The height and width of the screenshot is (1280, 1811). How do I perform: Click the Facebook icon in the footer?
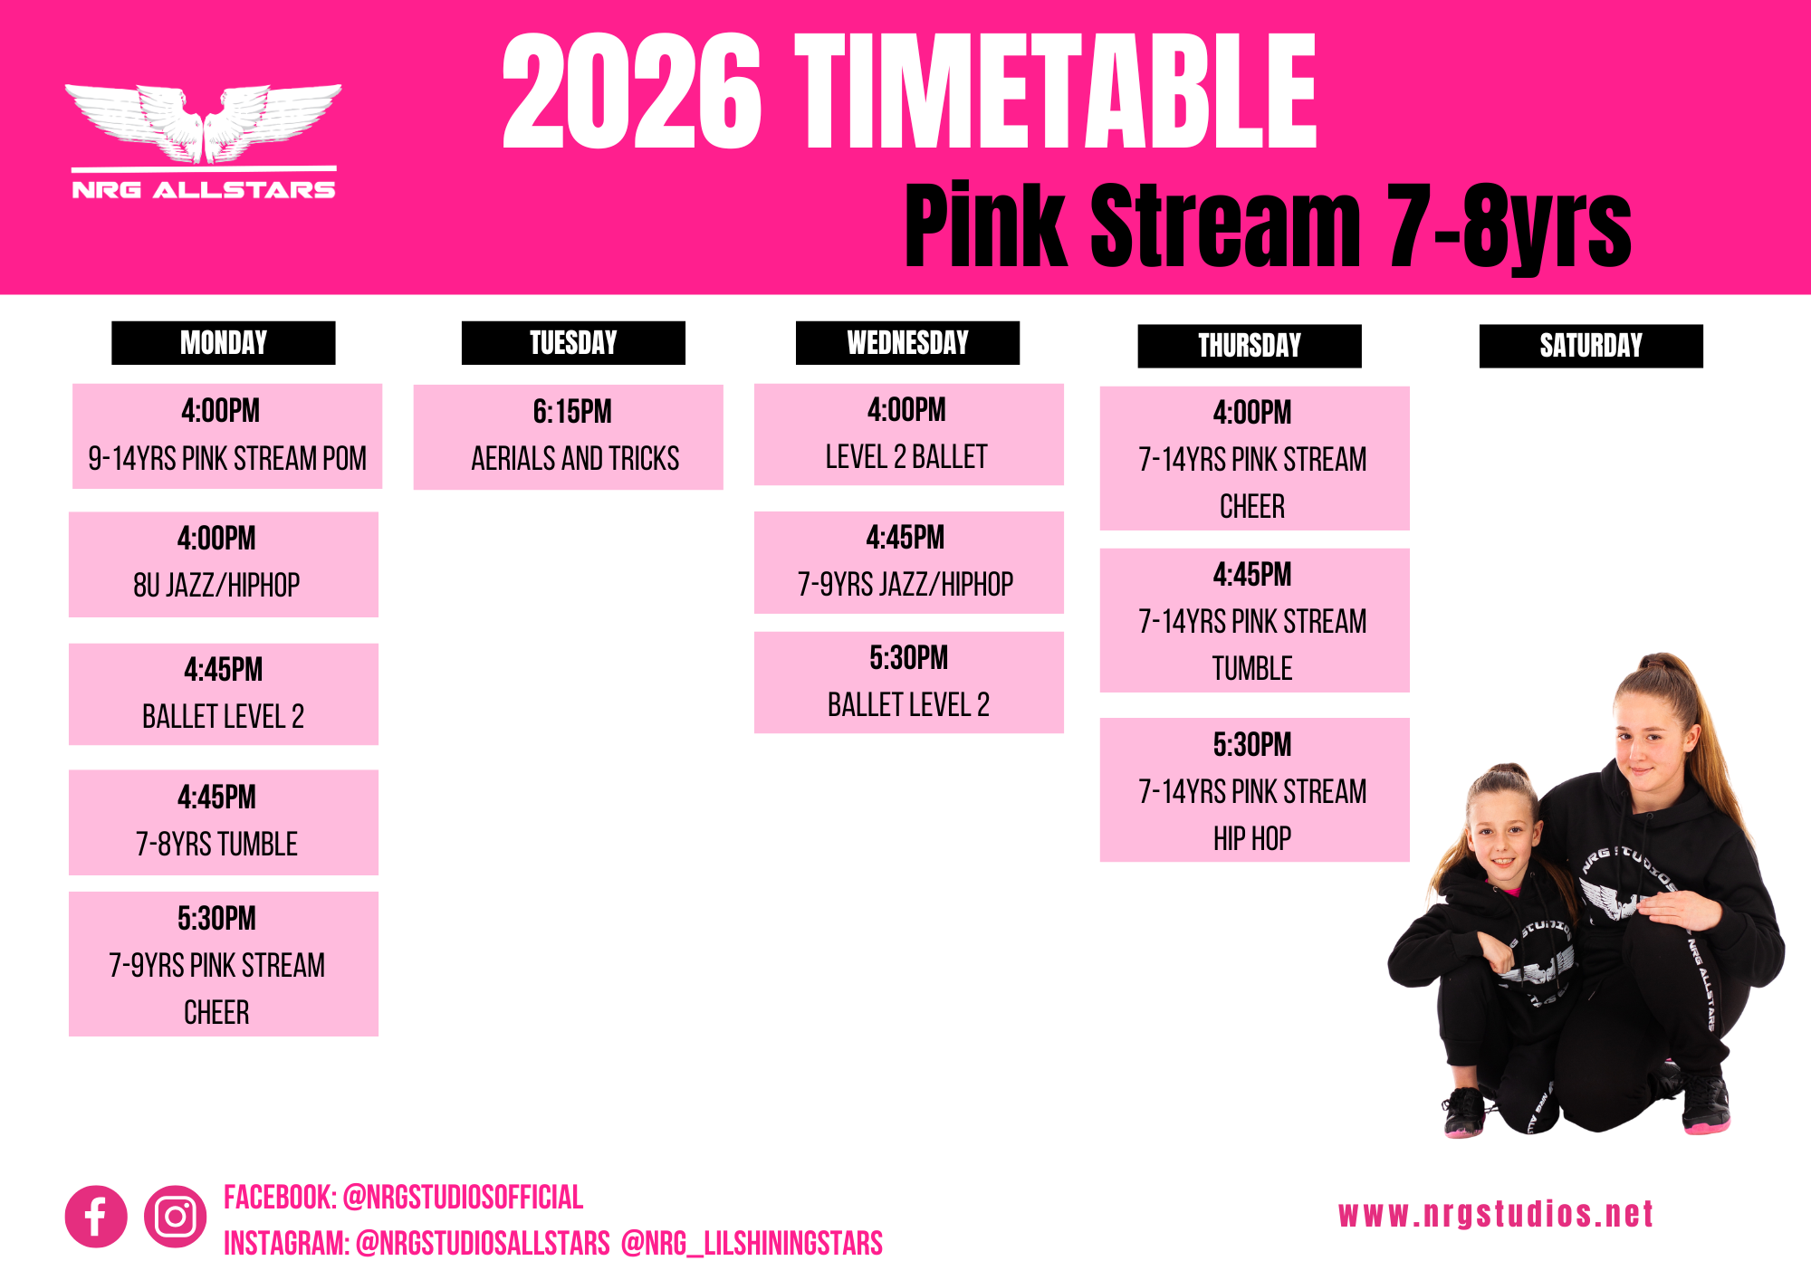click(x=96, y=1217)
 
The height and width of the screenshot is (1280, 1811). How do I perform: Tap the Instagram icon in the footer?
click(x=176, y=1217)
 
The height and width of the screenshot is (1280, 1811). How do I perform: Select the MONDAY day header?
click(x=224, y=343)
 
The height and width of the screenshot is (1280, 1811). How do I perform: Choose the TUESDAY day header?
click(x=573, y=343)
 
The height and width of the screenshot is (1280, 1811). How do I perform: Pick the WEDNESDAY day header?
click(x=907, y=343)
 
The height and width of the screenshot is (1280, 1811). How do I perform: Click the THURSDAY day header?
click(x=1250, y=346)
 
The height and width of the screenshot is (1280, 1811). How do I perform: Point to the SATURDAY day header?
click(x=1591, y=346)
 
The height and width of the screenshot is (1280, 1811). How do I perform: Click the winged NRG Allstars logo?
click(x=204, y=141)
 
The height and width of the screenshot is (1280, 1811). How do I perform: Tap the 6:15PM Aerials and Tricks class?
click(x=569, y=437)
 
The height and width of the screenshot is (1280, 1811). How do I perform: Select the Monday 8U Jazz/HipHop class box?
click(x=224, y=565)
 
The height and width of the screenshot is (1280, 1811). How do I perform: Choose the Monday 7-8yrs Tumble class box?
click(x=224, y=823)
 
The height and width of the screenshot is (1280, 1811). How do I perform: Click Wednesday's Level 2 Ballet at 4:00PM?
click(x=909, y=435)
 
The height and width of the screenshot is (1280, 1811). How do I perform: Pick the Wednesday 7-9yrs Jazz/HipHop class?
click(x=909, y=563)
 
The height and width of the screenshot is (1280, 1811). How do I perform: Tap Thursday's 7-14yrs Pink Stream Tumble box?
click(x=1255, y=621)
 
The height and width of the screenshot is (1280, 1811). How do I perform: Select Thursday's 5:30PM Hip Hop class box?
click(x=1255, y=790)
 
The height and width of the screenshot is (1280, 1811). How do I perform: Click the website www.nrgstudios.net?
click(x=1496, y=1214)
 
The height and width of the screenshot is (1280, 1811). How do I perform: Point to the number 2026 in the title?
click(x=632, y=91)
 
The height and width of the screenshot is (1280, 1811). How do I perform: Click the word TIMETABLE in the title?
click(x=1056, y=91)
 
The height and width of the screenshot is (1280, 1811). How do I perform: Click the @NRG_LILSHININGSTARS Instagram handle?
click(x=752, y=1244)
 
